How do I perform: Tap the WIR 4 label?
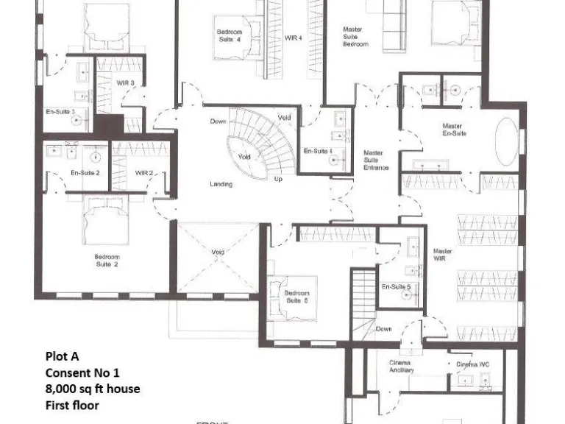tap(294, 37)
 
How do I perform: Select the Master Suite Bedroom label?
tap(356, 37)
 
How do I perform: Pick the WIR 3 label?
tap(125, 83)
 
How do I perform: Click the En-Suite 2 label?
tap(85, 172)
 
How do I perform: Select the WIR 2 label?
tap(144, 172)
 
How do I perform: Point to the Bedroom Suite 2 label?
tap(107, 260)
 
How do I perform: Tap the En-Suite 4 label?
tap(319, 151)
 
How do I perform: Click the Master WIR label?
tap(443, 255)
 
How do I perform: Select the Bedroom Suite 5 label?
tap(297, 297)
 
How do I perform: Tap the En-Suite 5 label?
tap(396, 286)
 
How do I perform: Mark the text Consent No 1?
tap(82, 372)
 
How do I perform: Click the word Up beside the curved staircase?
tap(278, 179)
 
